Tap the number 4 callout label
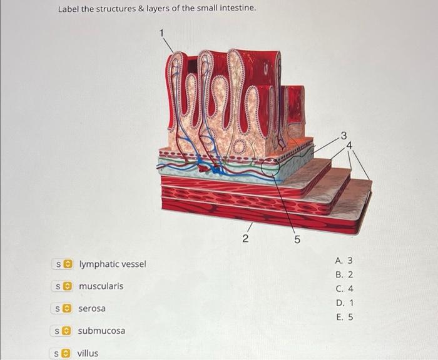tap(350, 145)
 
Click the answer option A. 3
tap(344, 260)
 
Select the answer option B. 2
tap(344, 274)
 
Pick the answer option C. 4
tap(344, 289)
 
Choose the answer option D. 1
tap(344, 303)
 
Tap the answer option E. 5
tap(344, 317)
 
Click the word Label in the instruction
tap(69, 9)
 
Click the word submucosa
tap(101, 331)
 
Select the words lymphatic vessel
tap(112, 264)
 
